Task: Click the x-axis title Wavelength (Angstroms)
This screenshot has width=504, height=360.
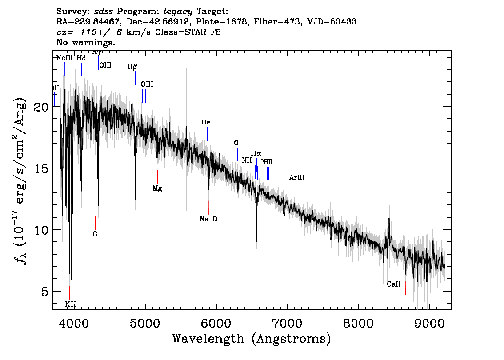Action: [x=252, y=339]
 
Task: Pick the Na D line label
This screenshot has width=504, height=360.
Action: [x=208, y=219]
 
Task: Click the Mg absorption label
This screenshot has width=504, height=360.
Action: [x=157, y=188]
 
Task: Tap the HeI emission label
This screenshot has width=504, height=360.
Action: [x=207, y=122]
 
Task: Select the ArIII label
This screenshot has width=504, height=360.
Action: [x=297, y=178]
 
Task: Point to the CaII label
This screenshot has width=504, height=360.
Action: [x=394, y=284]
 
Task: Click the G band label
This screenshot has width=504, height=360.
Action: [x=95, y=234]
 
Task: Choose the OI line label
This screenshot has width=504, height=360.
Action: [x=238, y=143]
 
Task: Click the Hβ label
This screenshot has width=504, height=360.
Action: [x=132, y=67]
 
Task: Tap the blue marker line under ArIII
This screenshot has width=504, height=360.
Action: [x=297, y=189]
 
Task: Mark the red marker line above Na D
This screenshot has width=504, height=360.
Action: [x=209, y=207]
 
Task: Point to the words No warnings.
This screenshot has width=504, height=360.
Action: [x=86, y=43]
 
